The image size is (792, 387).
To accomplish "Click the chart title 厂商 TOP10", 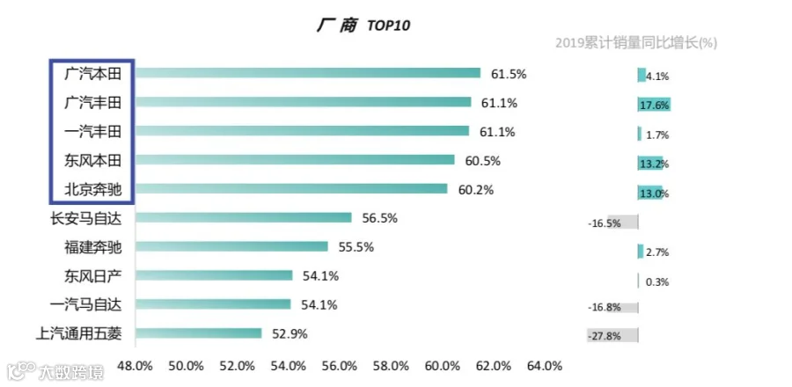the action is [x=363, y=26].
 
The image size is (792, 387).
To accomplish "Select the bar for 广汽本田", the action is [x=308, y=73].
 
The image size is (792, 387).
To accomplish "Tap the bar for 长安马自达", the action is [x=243, y=217].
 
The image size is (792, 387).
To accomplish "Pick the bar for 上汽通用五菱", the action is [x=198, y=333].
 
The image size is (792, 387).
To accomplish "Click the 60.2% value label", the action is [x=476, y=190].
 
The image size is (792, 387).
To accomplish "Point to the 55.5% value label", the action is [x=356, y=247].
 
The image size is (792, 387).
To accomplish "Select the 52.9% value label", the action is [x=290, y=334].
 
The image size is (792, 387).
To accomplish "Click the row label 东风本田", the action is [x=93, y=160].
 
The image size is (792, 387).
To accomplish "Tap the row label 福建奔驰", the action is [x=93, y=247].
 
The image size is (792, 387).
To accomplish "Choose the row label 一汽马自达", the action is [x=86, y=304].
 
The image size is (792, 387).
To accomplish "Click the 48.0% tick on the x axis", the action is [x=135, y=366].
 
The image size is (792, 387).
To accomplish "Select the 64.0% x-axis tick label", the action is [x=545, y=366].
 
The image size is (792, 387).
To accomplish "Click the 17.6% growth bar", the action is [x=654, y=105].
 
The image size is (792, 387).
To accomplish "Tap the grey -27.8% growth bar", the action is [x=612, y=335].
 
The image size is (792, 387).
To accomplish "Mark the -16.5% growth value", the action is [x=604, y=223].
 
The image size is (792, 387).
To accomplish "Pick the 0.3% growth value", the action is [x=657, y=282].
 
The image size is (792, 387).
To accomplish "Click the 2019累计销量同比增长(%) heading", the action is [x=636, y=43].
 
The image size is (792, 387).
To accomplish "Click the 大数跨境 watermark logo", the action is [x=55, y=372].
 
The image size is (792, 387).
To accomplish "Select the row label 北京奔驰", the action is [x=93, y=190].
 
